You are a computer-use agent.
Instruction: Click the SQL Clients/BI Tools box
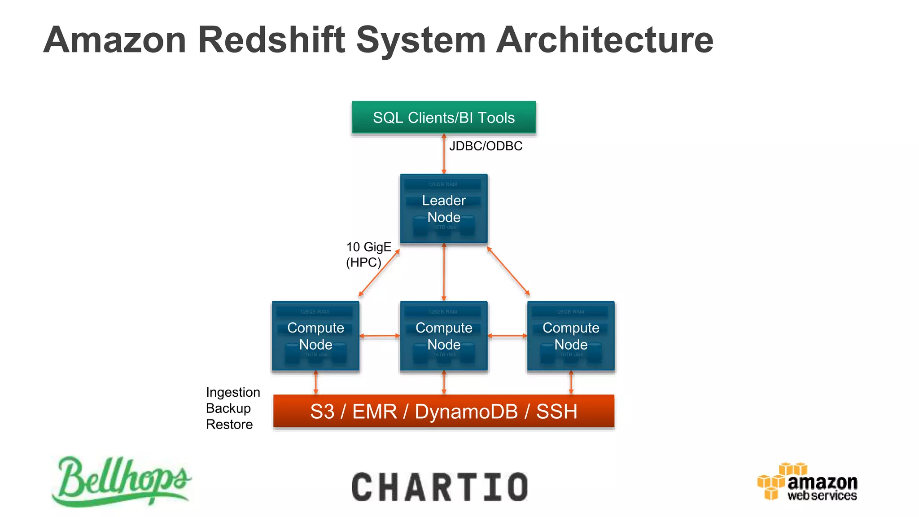coord(444,118)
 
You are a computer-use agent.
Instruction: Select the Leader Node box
coord(444,209)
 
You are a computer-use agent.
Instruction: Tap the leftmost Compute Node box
coord(315,336)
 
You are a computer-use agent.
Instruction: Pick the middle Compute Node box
coord(444,336)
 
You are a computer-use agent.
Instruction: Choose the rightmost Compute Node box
coord(571,336)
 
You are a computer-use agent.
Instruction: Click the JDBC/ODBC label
coord(486,146)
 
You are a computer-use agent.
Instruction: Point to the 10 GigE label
coord(368,247)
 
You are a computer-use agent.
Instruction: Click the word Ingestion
coord(233,392)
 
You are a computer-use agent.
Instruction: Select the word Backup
coord(228,408)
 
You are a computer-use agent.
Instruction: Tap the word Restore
coord(229,425)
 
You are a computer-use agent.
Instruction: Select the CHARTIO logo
coord(440,487)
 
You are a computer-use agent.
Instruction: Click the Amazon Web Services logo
coord(807,482)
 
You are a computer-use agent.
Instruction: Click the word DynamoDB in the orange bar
coord(466,412)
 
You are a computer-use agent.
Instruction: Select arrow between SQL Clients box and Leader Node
coord(444,154)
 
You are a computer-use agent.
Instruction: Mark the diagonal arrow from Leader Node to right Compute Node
coord(508,271)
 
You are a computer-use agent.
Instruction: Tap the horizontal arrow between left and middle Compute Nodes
coord(379,336)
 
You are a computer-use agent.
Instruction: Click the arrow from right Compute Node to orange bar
coord(571,383)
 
